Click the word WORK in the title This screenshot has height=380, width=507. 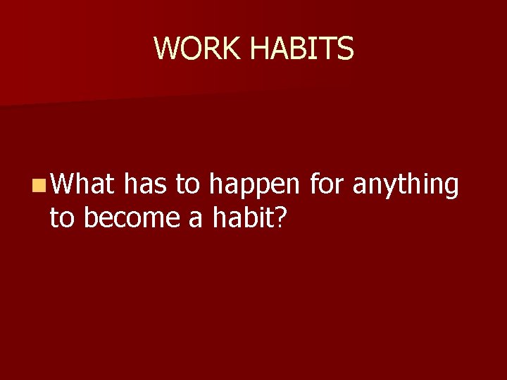[x=199, y=49]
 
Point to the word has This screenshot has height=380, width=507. [x=144, y=184]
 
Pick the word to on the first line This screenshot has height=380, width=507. [x=188, y=184]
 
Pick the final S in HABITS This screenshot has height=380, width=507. [x=346, y=49]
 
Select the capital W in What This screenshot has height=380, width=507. [x=62, y=184]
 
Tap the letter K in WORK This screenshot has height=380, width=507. [x=234, y=49]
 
